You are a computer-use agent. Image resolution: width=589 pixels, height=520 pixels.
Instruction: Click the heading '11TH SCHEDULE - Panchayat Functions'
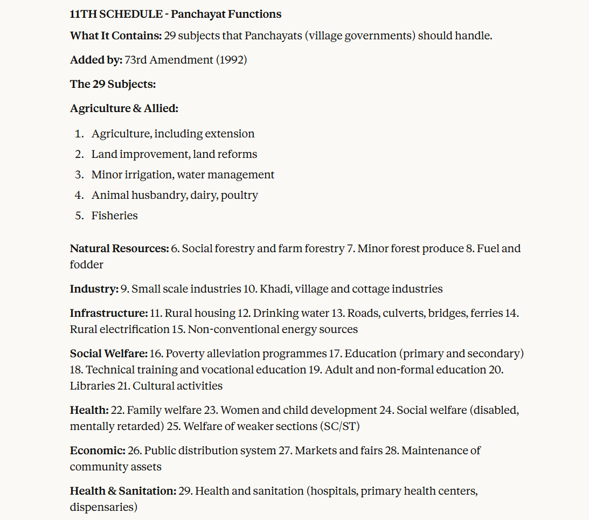175,14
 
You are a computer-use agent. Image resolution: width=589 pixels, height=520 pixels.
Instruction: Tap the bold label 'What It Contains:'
115,36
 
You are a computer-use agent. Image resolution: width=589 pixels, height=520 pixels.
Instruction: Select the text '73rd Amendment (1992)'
185,60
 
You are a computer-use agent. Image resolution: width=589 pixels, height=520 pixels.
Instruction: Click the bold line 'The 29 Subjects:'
113,84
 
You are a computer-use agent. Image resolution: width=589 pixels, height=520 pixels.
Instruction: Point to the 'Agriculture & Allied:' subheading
124,108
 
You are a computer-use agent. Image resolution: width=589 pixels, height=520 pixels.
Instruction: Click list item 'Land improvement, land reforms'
174,154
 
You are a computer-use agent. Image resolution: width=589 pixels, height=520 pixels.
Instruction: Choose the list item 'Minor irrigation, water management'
183,175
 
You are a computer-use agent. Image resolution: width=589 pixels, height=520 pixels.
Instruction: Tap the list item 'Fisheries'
114,216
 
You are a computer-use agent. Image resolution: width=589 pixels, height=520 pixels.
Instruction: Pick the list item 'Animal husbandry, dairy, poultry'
175,195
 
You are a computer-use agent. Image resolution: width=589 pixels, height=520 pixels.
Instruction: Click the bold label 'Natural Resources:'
119,248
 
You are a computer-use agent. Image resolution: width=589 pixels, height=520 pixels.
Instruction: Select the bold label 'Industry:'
94,289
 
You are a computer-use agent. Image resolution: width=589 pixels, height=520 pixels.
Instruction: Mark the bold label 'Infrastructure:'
108,313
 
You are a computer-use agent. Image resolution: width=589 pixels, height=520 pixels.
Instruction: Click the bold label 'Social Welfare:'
108,353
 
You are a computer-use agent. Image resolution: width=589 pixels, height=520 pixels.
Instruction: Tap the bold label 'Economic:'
98,450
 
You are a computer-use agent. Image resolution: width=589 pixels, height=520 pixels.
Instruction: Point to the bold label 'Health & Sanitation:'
123,491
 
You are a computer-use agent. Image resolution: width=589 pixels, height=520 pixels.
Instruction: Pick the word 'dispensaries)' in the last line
103,507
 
